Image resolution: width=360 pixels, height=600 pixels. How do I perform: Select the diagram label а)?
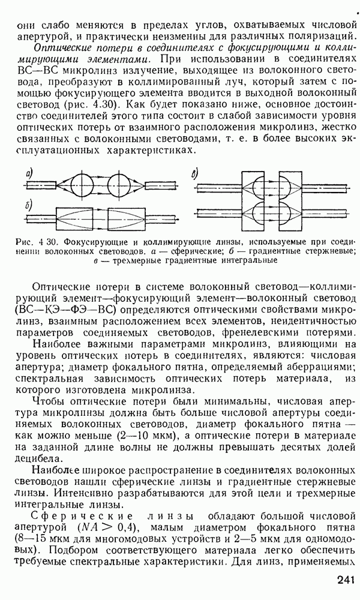29,174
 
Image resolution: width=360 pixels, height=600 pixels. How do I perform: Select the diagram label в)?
195,174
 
